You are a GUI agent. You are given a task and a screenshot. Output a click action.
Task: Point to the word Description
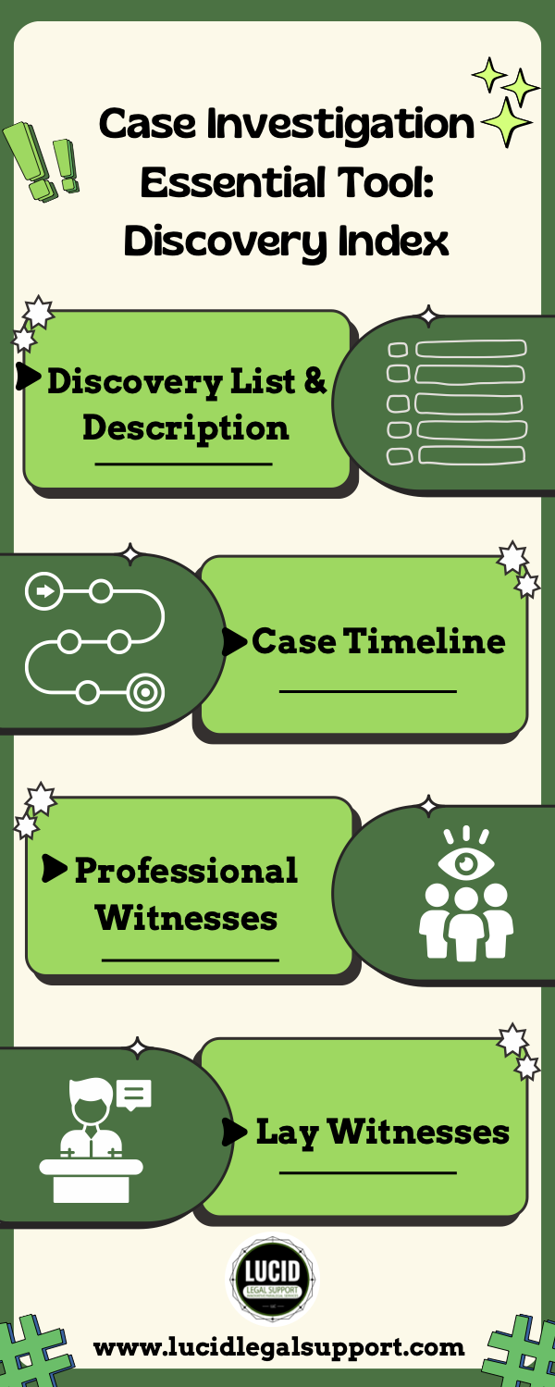[185, 428]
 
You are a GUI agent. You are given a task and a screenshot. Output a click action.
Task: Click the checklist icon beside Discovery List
[456, 402]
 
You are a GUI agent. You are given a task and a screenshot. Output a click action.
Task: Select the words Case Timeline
[378, 641]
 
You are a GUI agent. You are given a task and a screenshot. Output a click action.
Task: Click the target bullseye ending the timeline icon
[145, 691]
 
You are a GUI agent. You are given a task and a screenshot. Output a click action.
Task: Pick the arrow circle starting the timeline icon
[43, 589]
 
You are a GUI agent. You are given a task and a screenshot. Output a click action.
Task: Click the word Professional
[186, 871]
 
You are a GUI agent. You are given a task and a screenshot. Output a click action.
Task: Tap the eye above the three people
[465, 863]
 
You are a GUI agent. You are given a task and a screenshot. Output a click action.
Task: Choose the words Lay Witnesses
[382, 1132]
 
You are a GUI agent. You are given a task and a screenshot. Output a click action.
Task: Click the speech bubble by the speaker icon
[134, 1096]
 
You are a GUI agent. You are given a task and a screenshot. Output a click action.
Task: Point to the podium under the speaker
[91, 1178]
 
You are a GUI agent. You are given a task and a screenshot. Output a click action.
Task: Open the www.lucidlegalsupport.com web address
[278, 1347]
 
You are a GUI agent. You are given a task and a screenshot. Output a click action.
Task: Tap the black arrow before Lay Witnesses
[235, 1132]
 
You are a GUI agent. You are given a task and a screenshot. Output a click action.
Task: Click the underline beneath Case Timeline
[368, 691]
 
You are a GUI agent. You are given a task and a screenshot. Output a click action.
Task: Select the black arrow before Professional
[55, 869]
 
